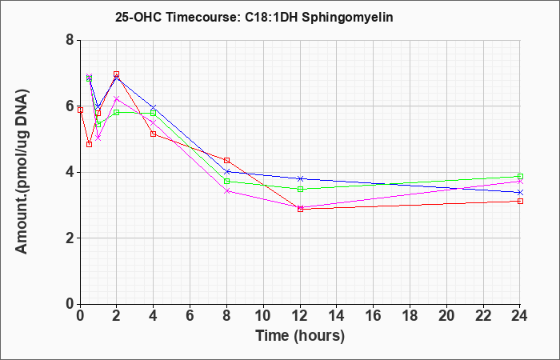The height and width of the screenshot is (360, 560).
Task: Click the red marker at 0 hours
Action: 80,110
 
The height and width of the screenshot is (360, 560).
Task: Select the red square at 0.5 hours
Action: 90,144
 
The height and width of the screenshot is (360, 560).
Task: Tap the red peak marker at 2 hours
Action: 117,74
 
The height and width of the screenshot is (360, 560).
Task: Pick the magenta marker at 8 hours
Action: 226,191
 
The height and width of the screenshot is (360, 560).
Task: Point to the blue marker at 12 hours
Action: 300,178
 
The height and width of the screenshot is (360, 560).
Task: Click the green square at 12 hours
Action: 300,189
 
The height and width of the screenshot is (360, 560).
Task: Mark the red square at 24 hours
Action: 520,201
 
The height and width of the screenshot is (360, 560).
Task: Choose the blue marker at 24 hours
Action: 520,193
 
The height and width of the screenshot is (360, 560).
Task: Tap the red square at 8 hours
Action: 226,160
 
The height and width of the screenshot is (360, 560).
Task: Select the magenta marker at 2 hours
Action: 117,98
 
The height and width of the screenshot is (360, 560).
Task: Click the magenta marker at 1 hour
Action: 98,138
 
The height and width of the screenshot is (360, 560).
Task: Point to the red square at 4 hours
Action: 154,134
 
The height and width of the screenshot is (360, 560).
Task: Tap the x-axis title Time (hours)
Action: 300,336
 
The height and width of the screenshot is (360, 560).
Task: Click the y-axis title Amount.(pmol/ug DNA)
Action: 22,172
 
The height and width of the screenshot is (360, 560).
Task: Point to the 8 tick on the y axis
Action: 70,40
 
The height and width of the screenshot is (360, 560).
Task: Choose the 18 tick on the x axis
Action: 410,316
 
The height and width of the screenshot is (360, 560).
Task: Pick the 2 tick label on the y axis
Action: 70,238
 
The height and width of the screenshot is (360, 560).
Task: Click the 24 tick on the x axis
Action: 520,316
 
